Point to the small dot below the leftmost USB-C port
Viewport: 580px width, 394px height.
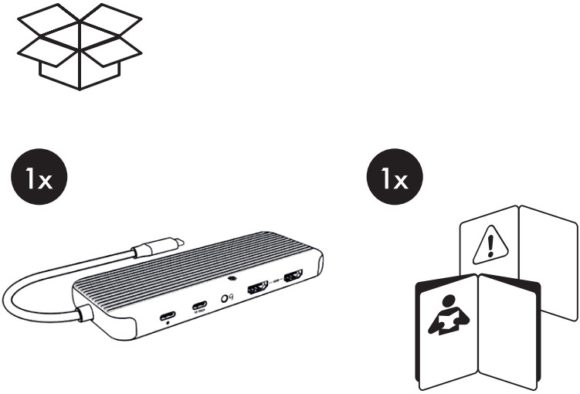tap(169, 324)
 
